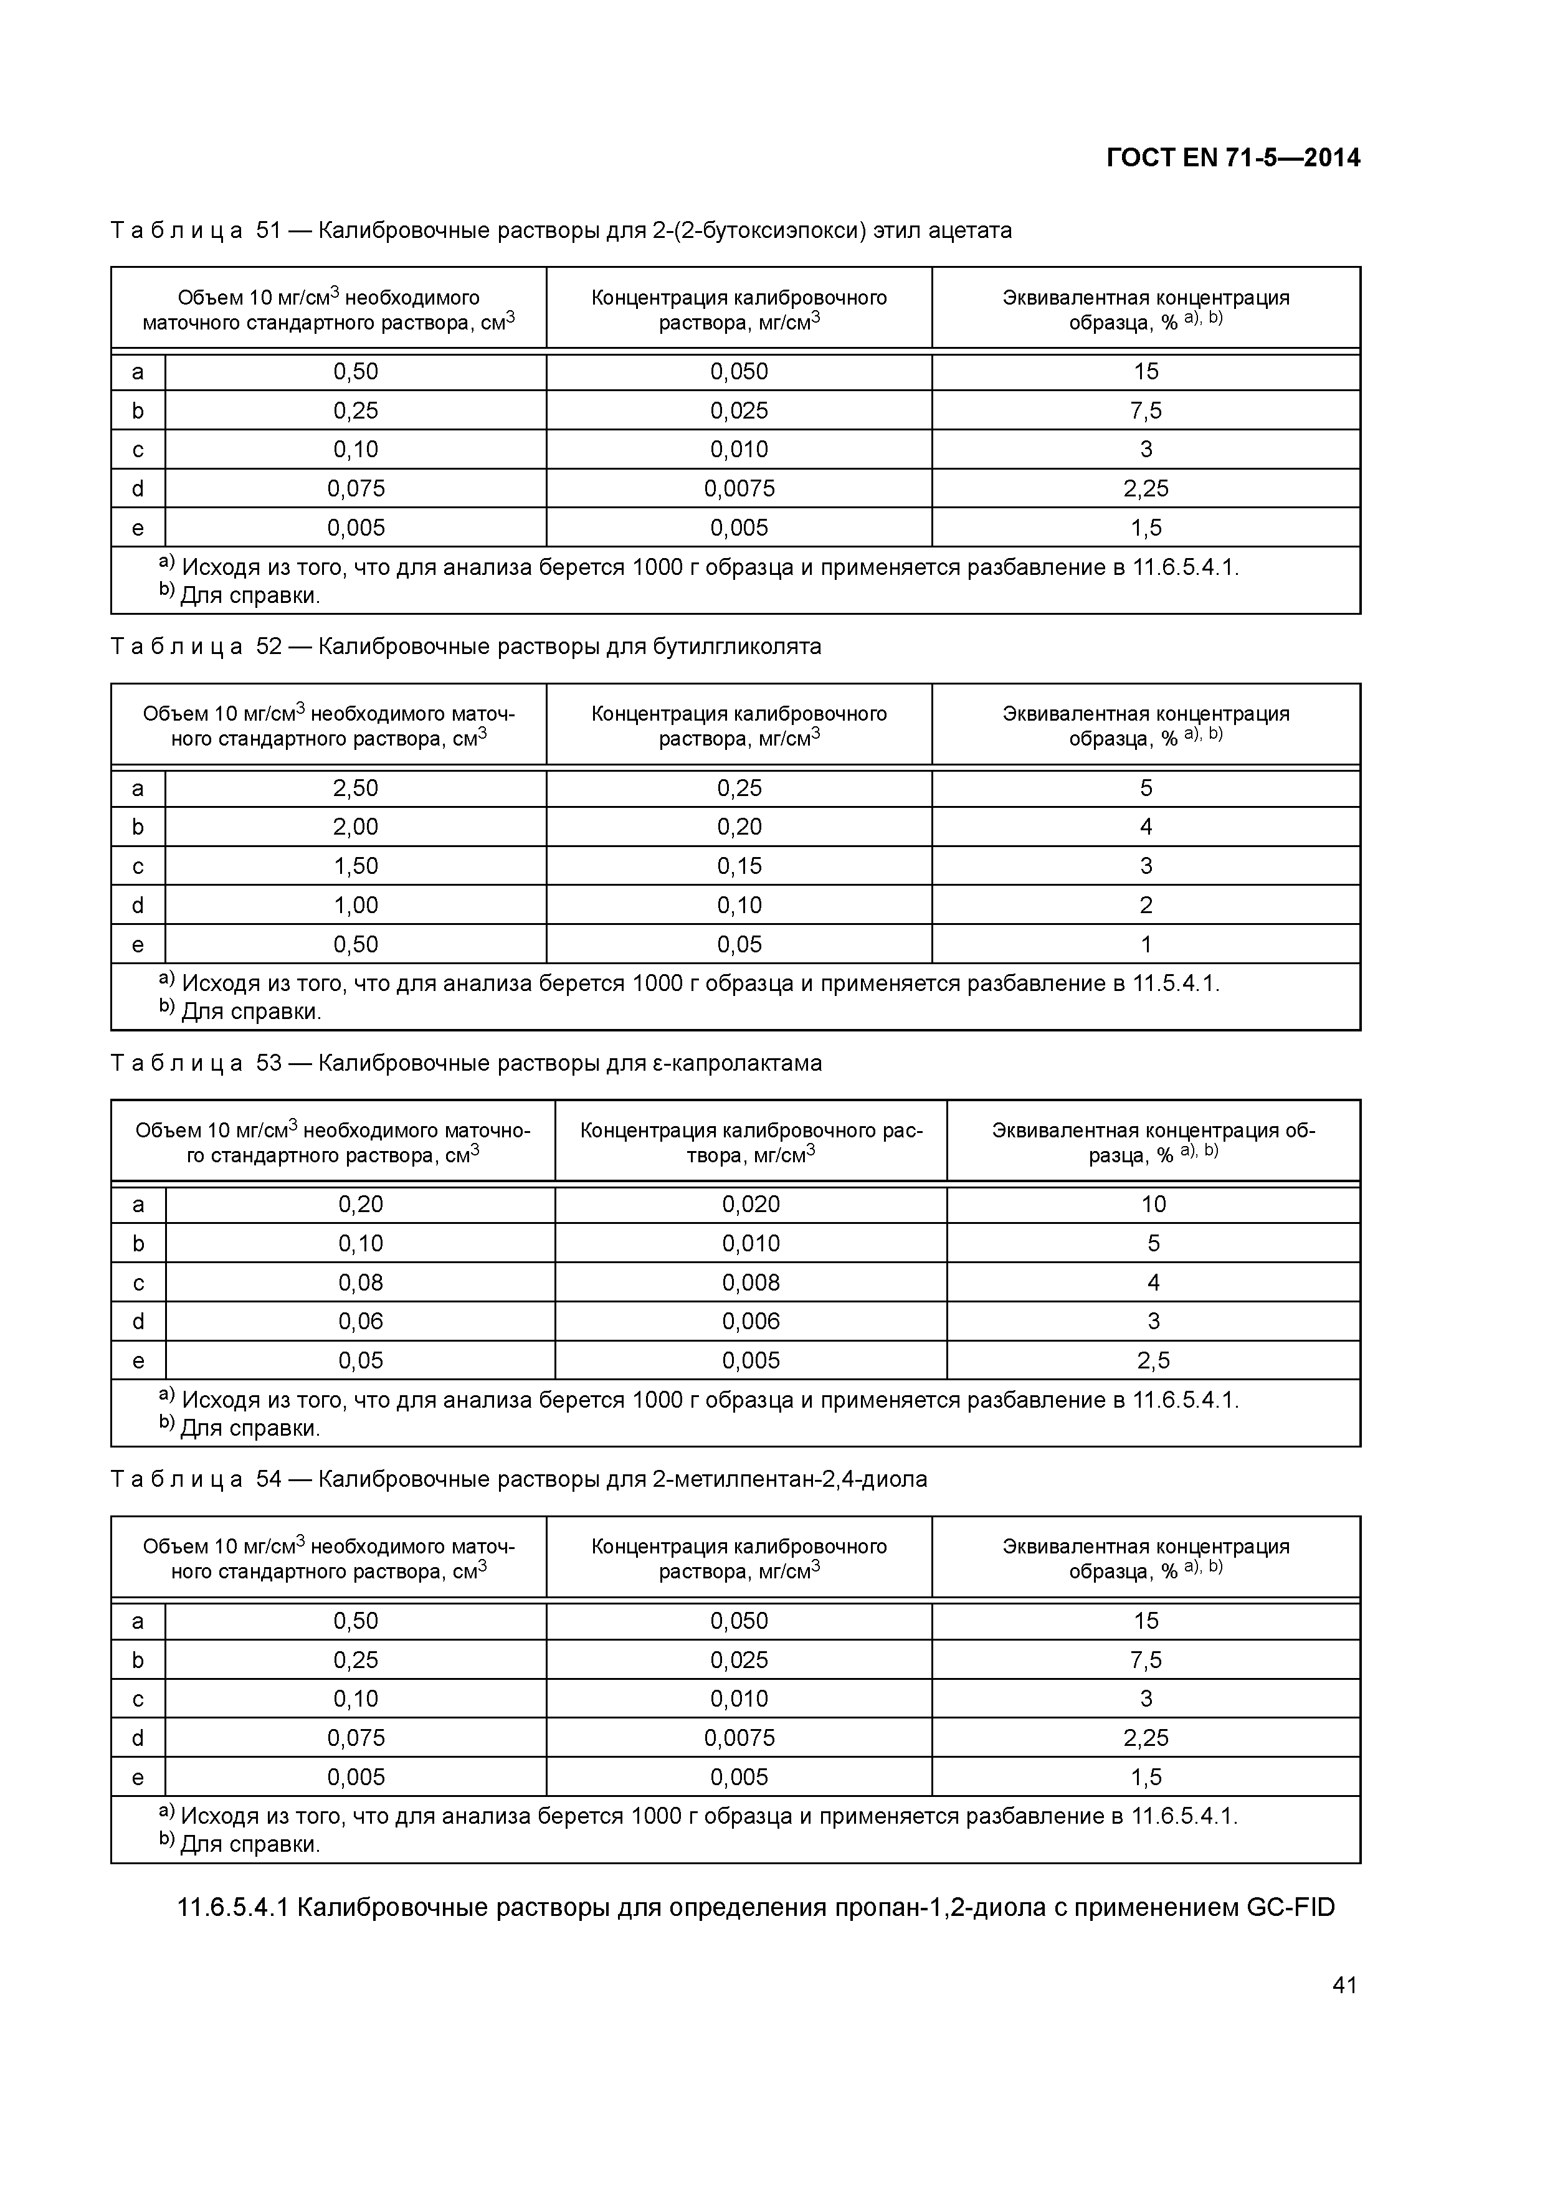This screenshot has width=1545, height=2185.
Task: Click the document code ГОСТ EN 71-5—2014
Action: pyautogui.click(x=1233, y=158)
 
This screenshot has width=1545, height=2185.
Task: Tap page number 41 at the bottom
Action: pyautogui.click(x=1344, y=1984)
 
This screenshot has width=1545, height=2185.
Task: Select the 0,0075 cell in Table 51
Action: pyautogui.click(x=739, y=488)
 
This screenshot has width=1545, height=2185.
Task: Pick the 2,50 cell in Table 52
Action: pyautogui.click(x=355, y=788)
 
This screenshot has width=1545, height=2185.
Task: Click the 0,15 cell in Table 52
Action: pyautogui.click(x=739, y=866)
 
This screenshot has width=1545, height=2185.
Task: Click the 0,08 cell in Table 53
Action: pyautogui.click(x=360, y=1282)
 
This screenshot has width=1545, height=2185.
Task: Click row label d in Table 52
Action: pyautogui.click(x=138, y=905)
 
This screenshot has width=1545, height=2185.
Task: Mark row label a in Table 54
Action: pyautogui.click(x=138, y=1621)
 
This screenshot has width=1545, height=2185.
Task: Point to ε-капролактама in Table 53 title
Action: pyautogui.click(x=737, y=1063)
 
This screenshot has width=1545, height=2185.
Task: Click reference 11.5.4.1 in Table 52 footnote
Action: pyautogui.click(x=1174, y=983)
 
